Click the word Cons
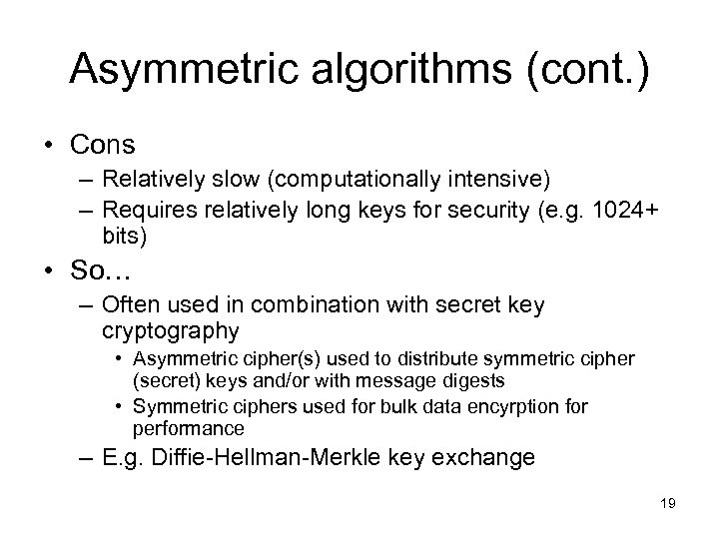point(102,145)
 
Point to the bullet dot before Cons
point(47,146)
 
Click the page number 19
point(667,504)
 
